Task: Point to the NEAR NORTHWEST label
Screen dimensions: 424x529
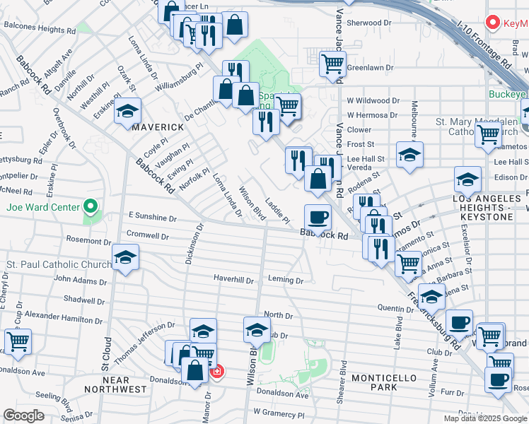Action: click(x=116, y=389)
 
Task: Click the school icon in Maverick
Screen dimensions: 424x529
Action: click(x=128, y=112)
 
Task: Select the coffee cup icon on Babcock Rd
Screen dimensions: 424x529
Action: click(x=318, y=216)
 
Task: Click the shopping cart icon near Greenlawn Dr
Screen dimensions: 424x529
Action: click(x=332, y=64)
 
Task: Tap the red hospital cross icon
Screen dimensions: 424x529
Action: click(x=217, y=371)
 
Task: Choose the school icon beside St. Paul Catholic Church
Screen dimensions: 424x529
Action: click(x=125, y=257)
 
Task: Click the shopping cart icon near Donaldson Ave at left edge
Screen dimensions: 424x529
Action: click(x=18, y=341)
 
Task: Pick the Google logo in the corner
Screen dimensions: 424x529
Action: click(x=23, y=416)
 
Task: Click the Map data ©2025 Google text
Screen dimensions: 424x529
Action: click(x=484, y=418)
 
